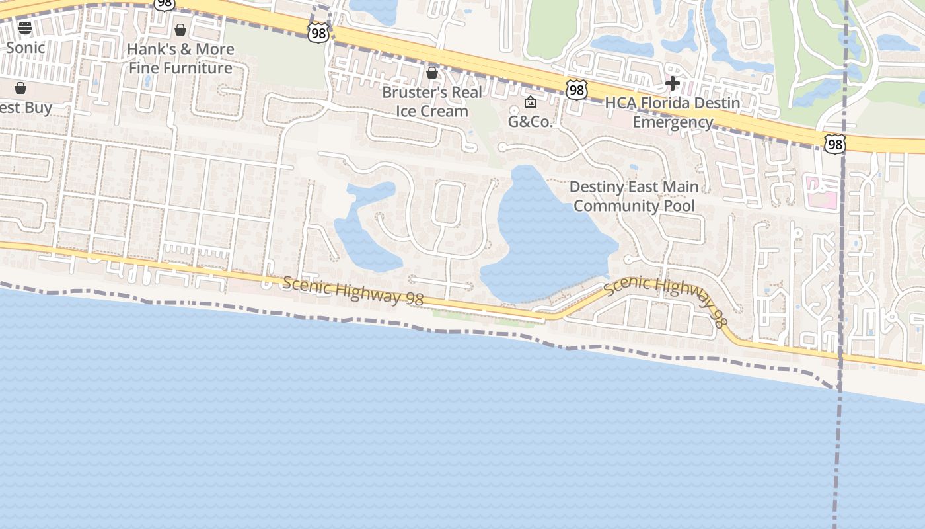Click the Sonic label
point(25,48)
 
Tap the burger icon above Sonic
point(25,28)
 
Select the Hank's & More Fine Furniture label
point(180,58)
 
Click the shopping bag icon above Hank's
point(180,30)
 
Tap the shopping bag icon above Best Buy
point(20,88)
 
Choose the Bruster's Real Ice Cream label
point(432,102)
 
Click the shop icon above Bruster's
point(432,73)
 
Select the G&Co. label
point(530,122)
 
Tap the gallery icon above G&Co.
point(530,102)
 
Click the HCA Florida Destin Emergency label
point(673,112)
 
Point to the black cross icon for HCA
point(673,83)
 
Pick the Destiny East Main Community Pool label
point(634,196)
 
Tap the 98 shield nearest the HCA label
point(576,90)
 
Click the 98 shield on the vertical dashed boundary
point(834,143)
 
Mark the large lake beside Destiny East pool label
point(548,238)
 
